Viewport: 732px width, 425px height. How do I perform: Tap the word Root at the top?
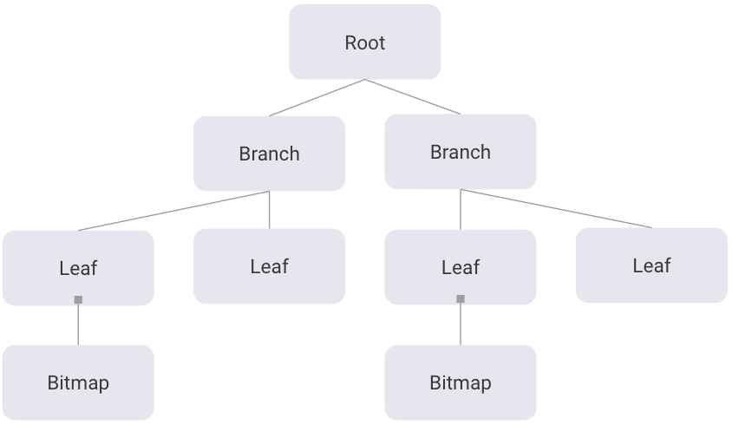[x=364, y=42]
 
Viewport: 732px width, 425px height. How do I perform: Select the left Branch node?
[x=269, y=154]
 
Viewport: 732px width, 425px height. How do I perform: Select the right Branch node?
[x=460, y=152]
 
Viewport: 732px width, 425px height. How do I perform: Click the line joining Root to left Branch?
[x=317, y=97]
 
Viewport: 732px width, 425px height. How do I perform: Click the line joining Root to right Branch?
[x=413, y=96]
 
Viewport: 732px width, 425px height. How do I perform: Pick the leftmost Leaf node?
[x=78, y=268]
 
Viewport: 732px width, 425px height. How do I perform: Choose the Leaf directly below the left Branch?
[x=269, y=266]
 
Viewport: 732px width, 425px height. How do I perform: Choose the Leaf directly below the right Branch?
[x=460, y=267]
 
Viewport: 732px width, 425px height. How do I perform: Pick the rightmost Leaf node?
[x=651, y=265]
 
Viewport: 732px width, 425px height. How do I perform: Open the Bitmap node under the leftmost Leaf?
[x=78, y=382]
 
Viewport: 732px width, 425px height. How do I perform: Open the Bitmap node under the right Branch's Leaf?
[x=460, y=382]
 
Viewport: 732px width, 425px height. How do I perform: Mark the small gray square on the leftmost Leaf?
[x=78, y=299]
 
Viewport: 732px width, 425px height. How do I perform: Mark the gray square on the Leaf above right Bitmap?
[x=461, y=298]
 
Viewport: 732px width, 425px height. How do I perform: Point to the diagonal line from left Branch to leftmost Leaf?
[x=173, y=211]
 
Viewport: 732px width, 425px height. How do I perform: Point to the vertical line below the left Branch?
[x=269, y=210]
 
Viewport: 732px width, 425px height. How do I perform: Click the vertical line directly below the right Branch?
[x=461, y=210]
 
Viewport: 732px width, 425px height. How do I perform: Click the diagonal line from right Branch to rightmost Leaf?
[x=556, y=208]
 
